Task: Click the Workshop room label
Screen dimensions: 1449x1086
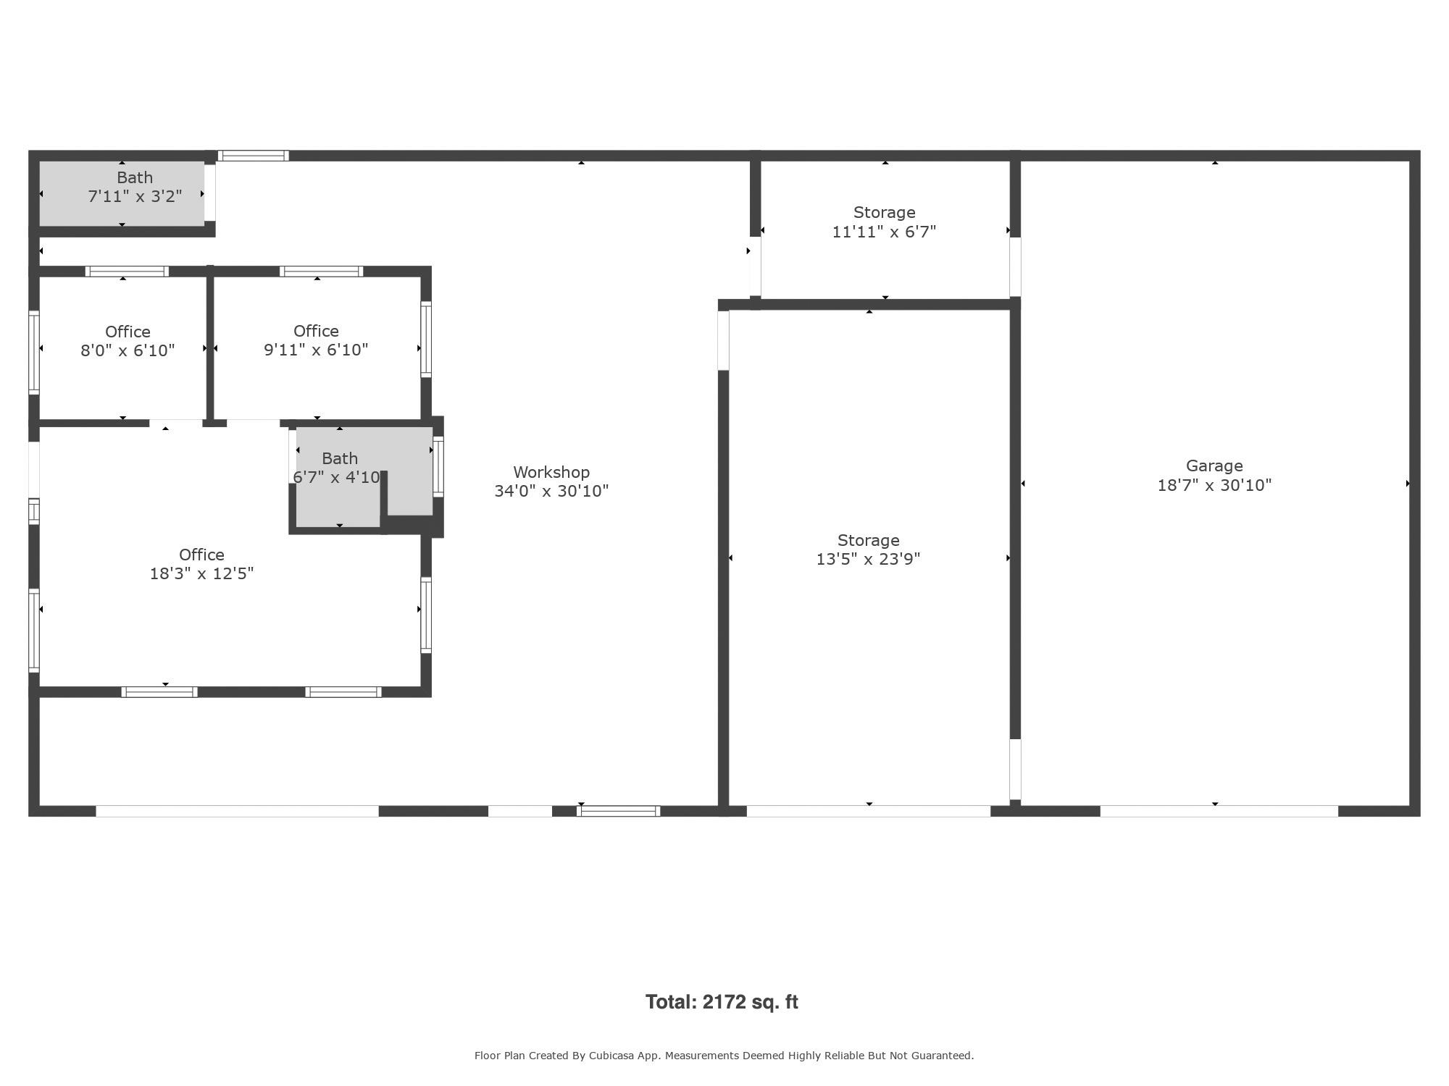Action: point(551,472)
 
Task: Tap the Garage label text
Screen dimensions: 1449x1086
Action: point(1214,466)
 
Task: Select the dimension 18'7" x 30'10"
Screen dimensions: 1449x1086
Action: point(1214,485)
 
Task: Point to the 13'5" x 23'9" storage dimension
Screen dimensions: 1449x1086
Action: point(868,559)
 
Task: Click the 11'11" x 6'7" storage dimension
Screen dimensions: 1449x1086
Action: point(884,232)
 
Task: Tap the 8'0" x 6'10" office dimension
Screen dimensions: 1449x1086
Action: point(128,350)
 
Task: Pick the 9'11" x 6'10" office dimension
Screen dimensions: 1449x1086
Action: point(316,350)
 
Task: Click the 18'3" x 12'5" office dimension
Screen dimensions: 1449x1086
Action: point(201,573)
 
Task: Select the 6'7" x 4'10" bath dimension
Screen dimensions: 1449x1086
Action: point(336,477)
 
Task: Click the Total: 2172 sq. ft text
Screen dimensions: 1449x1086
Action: point(722,1002)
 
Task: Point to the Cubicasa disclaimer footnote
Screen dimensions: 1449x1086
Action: point(724,1056)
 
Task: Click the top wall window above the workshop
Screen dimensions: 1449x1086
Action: point(254,156)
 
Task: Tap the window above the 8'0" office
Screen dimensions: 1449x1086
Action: point(127,271)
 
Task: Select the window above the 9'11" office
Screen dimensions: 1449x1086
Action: point(322,271)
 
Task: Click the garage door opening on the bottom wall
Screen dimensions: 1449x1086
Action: point(1219,811)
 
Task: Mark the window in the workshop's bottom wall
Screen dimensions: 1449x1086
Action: point(618,811)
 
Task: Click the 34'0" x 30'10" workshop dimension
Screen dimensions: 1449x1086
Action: point(551,491)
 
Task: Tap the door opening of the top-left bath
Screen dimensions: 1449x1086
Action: point(210,193)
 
